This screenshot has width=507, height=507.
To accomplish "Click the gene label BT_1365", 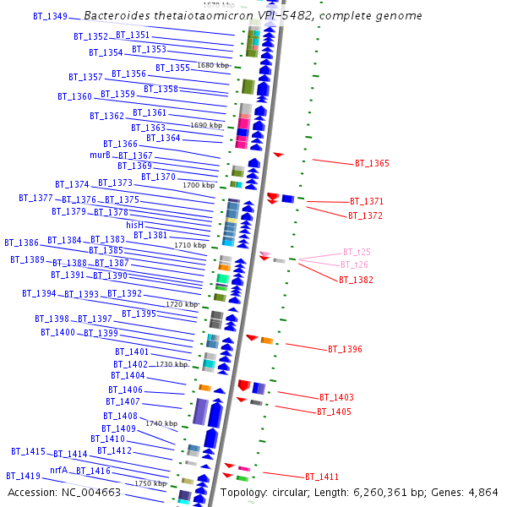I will point(372,163).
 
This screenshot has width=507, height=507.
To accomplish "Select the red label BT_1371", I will point(367,202).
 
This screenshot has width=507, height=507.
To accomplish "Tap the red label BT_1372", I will point(365,215).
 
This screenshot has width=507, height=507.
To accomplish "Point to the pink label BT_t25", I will point(357,252).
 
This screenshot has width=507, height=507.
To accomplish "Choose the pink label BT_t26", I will point(355,265).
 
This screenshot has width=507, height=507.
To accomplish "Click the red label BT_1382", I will point(356,280).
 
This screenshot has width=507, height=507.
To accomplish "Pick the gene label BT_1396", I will point(345,349).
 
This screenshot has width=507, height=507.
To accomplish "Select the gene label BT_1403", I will point(336,397).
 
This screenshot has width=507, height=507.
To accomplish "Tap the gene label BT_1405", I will point(334,412).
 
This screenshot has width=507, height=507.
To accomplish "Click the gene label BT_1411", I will point(322,477).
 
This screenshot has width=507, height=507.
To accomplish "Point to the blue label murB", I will point(100,155).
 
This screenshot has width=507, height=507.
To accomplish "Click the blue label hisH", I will point(135,225).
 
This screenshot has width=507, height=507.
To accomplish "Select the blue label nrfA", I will point(58,470).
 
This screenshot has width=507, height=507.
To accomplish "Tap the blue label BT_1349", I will point(50,16).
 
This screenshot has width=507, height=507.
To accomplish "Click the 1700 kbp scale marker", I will point(199,185).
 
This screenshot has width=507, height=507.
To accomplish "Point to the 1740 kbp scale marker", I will point(161,423).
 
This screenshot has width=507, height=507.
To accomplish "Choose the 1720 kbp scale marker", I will point(182,304).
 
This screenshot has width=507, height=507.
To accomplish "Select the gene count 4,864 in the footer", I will point(482,493).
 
